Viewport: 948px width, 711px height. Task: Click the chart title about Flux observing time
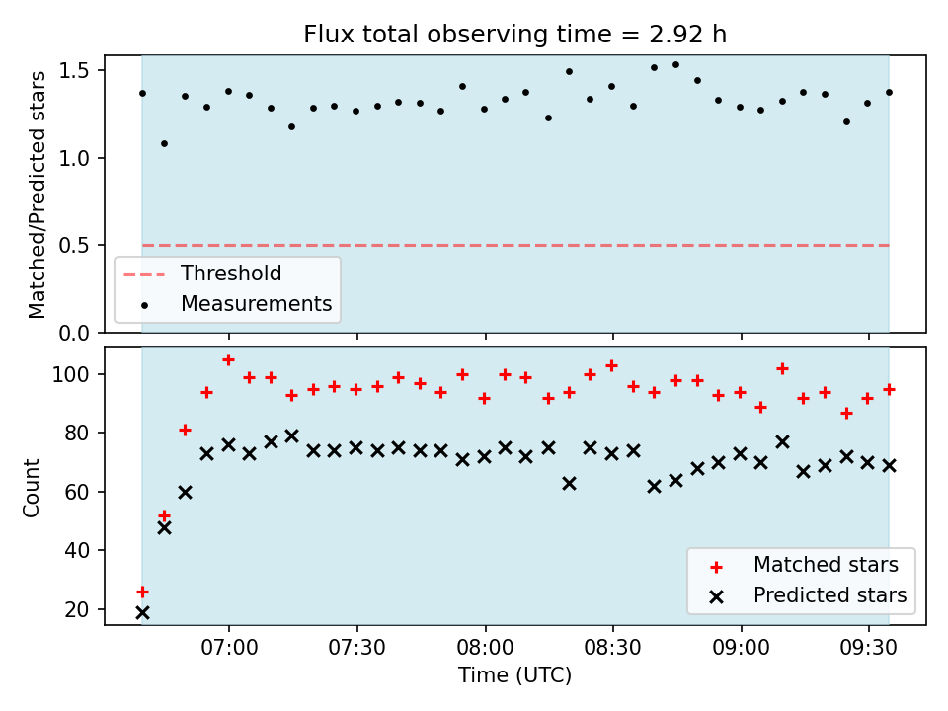514,34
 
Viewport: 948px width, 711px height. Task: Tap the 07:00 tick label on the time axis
229,648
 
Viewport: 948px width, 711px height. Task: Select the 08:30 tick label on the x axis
613,648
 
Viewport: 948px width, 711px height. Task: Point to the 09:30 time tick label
869,648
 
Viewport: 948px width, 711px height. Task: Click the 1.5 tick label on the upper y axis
74,71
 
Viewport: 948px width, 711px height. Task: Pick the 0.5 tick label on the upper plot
74,246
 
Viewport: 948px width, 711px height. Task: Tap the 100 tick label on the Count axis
70,375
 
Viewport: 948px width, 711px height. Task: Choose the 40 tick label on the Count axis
77,550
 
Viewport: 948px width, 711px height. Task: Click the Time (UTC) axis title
514,674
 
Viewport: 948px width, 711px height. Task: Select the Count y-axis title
31,488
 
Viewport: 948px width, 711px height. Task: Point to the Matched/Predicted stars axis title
37,195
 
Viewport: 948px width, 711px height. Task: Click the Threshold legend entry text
231,274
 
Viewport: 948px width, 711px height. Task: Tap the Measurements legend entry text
257,303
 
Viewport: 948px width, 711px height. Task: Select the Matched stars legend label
826,565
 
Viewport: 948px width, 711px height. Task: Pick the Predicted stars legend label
830,595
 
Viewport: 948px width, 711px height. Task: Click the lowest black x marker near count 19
142,613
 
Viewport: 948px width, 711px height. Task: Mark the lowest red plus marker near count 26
142,592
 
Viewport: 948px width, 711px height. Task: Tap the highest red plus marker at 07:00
228,360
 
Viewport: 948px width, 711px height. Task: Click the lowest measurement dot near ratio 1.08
164,144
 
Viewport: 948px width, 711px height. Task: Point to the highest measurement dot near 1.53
675,65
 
